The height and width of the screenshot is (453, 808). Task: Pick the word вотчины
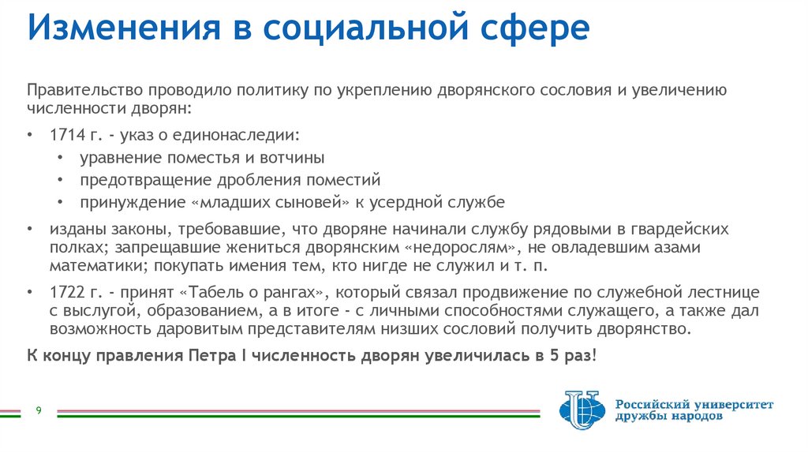point(297,158)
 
